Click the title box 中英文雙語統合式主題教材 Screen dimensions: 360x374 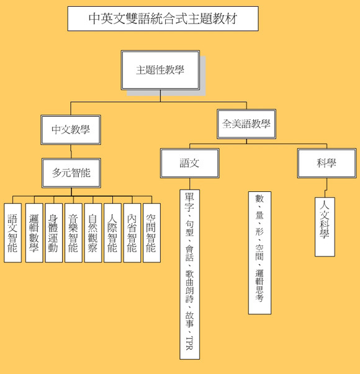coord(163,19)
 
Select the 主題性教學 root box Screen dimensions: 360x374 coord(160,70)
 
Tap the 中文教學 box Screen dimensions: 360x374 coord(71,130)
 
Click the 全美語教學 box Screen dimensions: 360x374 coord(246,124)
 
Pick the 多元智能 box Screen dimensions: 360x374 coord(71,173)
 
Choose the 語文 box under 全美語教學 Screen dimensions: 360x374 coord(190,163)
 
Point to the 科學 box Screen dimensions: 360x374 coord(326,163)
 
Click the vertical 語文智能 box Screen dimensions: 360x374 coord(12,233)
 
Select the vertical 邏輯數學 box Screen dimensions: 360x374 coord(34,233)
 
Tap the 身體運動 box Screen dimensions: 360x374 coord(53,233)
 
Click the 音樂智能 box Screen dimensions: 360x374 coord(73,233)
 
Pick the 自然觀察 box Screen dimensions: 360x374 coord(93,233)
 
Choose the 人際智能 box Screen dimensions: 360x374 coord(112,233)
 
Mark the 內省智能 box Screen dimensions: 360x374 coord(132,233)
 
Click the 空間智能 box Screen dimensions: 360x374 coord(151,233)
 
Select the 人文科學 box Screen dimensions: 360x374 coord(325,227)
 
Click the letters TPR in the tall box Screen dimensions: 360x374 coord(189,343)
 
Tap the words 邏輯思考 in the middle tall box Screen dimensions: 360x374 coord(259,285)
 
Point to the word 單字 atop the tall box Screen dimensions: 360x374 coord(189,202)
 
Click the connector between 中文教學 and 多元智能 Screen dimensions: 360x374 coord(71,151)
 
